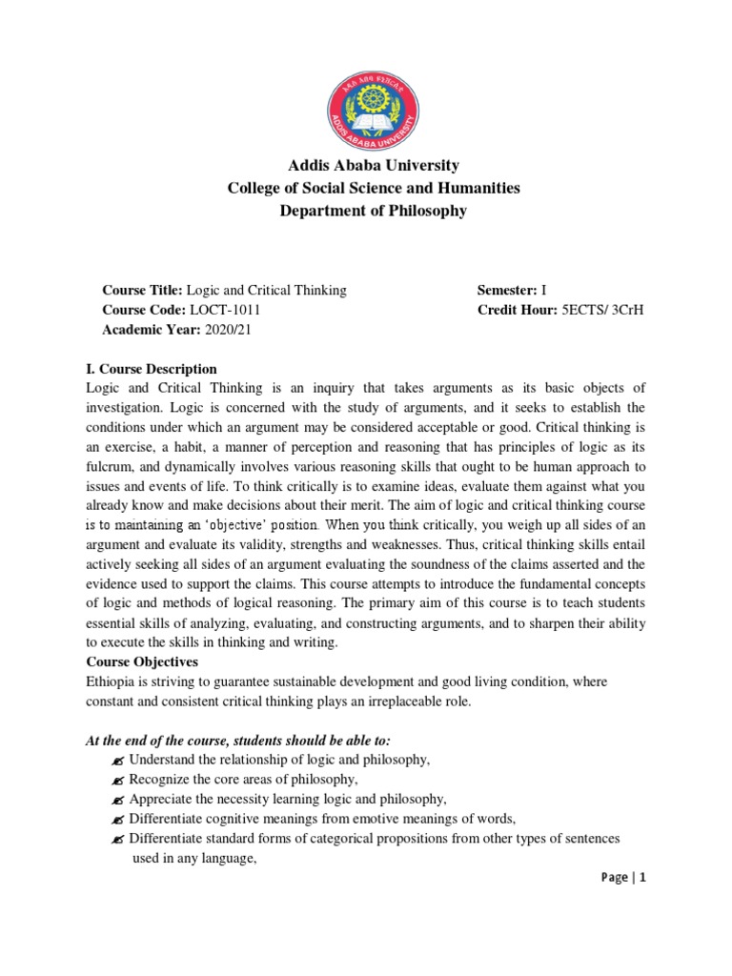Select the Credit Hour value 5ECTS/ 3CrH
coord(603,310)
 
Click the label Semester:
coord(506,290)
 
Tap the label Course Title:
coord(142,290)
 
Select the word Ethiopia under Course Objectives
coord(112,681)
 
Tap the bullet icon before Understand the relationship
coord(117,761)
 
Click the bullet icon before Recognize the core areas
coord(117,780)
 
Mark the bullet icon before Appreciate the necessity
coord(117,800)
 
